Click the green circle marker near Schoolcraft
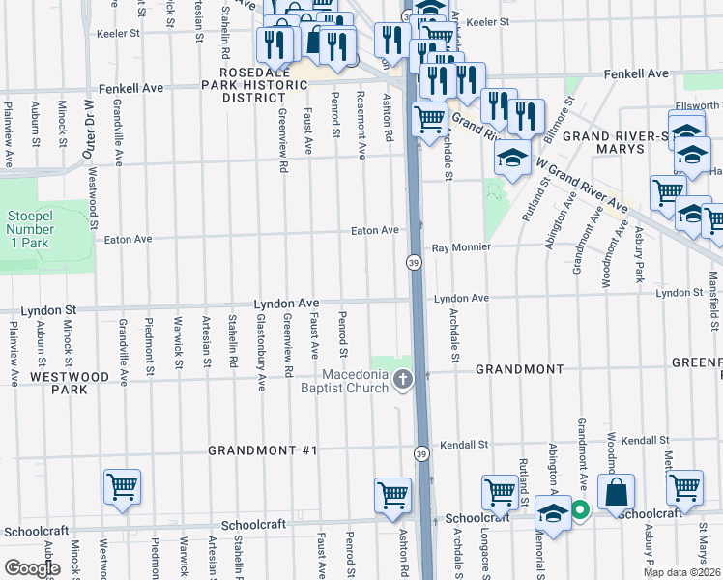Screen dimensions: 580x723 coord(580,510)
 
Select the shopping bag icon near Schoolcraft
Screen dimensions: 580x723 coord(616,493)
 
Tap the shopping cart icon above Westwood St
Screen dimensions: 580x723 coord(123,488)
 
